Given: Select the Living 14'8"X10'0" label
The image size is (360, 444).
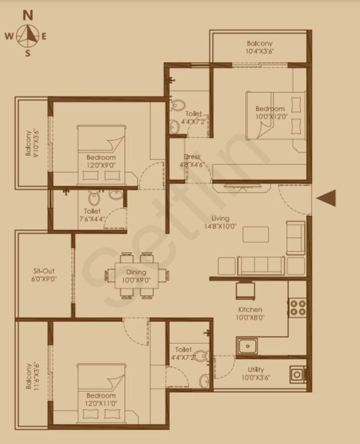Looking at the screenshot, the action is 220,222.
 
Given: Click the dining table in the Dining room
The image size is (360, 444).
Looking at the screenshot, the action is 136,275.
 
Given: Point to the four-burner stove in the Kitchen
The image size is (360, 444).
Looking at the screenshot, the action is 297,308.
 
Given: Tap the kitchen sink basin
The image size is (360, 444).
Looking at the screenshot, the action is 247,346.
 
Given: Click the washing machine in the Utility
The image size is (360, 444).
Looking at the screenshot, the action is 297,375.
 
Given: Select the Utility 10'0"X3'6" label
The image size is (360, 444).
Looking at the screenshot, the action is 256,373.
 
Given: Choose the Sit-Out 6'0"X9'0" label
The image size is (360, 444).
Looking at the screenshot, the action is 44,275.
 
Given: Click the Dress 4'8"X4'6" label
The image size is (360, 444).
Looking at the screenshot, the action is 192,161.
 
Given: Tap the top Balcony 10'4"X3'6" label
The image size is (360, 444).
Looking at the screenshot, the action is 260,47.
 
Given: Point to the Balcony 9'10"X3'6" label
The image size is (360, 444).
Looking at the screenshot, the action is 32,143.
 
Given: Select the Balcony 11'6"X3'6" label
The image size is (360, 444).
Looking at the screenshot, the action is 32,376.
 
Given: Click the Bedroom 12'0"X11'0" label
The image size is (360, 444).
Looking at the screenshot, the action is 101,399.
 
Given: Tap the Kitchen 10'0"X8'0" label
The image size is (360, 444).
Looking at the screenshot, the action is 250,313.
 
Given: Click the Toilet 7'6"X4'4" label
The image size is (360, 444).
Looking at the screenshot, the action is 92,215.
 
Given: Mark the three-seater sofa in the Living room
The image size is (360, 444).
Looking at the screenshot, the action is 261,266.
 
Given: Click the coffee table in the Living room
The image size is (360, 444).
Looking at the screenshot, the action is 255,234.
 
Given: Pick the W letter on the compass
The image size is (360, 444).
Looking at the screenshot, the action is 9,36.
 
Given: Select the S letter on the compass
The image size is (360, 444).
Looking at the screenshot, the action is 28,53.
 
